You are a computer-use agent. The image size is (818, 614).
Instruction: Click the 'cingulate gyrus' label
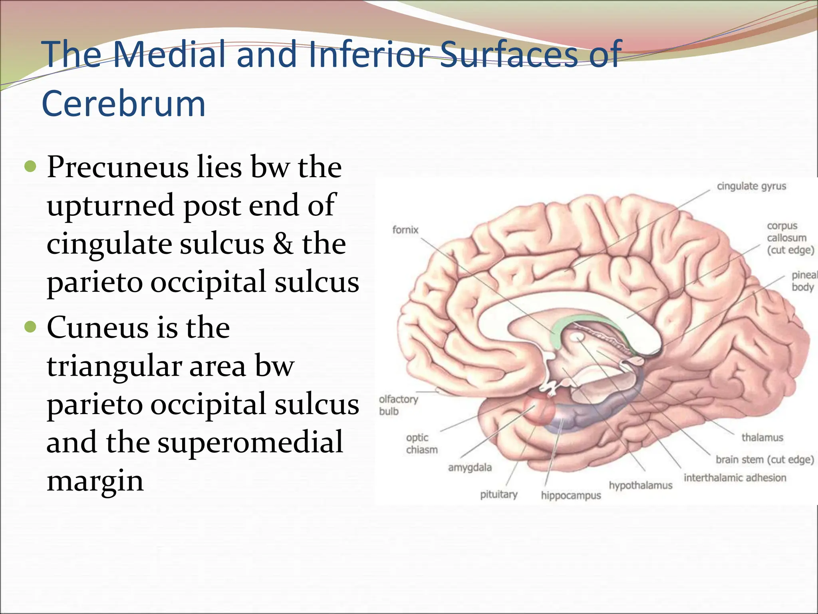point(751,186)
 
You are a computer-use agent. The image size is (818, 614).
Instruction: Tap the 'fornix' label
point(405,230)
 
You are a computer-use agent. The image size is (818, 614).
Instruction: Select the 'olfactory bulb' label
point(398,405)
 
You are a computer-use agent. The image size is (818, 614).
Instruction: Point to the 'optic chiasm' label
point(421,444)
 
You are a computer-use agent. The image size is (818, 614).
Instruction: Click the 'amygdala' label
point(470,467)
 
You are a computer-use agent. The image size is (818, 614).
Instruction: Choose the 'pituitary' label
point(498,494)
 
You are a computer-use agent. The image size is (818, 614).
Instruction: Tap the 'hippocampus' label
point(571,495)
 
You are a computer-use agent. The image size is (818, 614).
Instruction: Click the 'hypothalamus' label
point(640,485)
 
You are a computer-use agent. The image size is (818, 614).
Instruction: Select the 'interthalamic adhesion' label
point(735,478)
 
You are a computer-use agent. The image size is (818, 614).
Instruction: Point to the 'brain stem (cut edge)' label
point(764,460)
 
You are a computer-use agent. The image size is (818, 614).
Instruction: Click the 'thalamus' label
point(762,437)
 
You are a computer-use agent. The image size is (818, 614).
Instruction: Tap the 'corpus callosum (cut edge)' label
point(790,238)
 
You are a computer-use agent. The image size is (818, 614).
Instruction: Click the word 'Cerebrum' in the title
point(123,104)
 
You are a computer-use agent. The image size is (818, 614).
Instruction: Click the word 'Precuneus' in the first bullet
point(118,167)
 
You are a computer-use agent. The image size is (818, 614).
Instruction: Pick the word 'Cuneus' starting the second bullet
point(98,327)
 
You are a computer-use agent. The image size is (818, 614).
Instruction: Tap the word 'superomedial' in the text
point(250,442)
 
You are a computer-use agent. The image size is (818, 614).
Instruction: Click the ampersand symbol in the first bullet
point(283,244)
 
